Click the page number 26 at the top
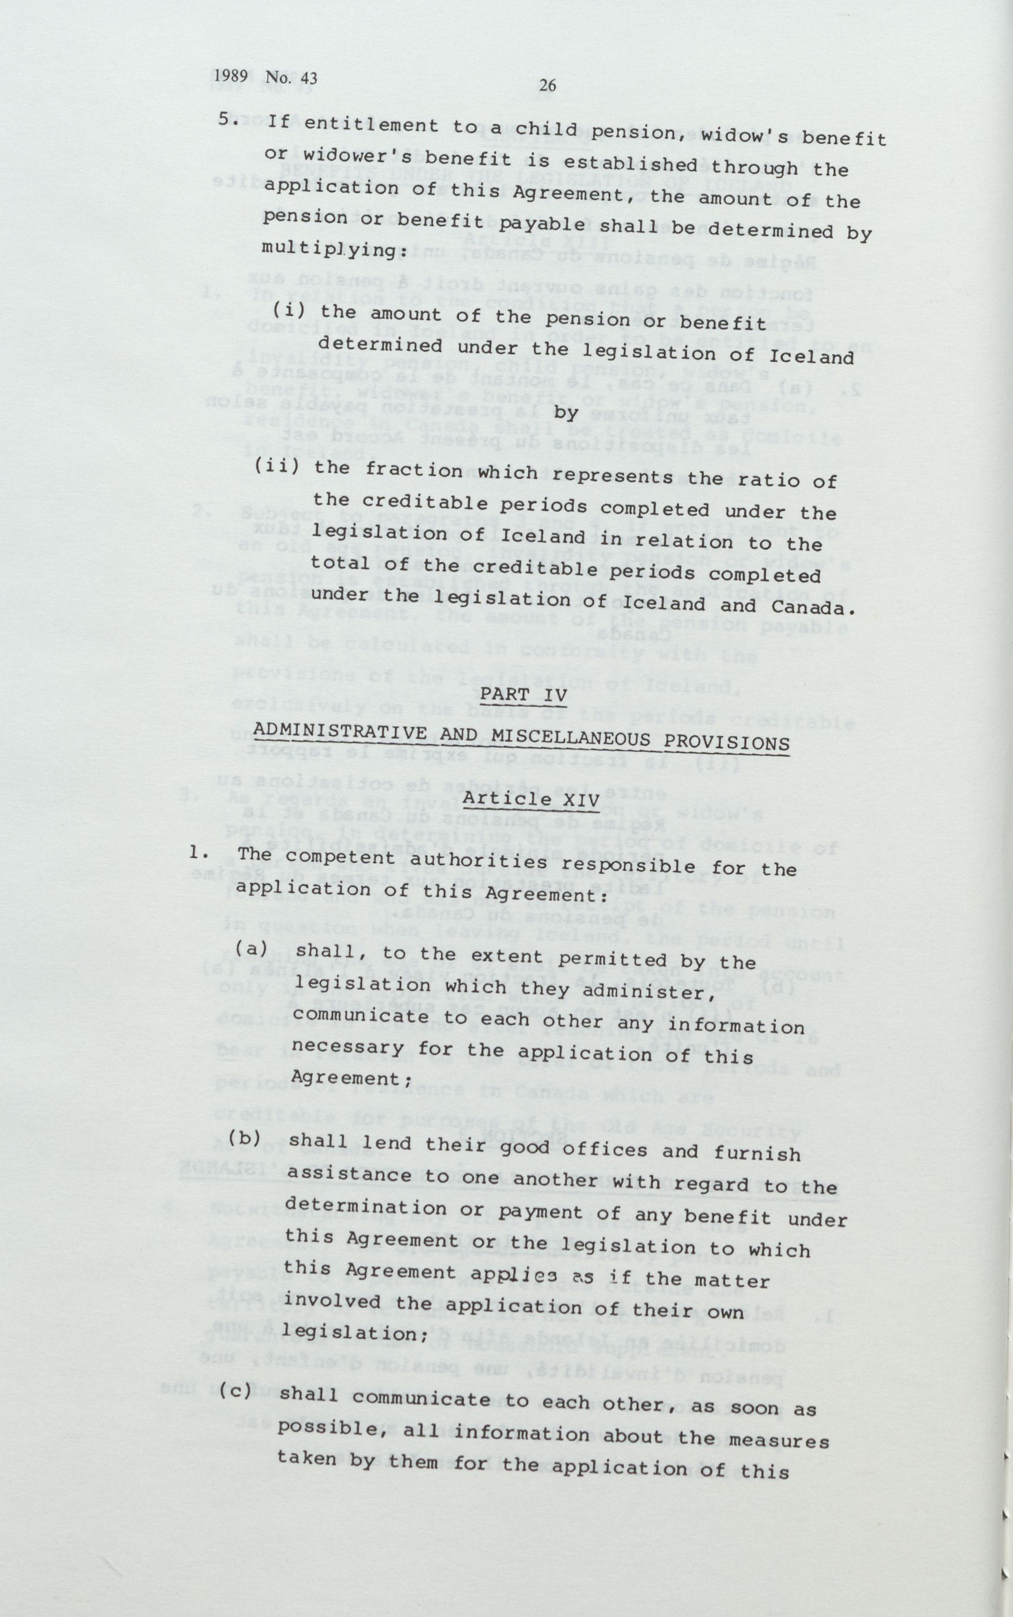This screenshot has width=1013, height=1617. pos(547,85)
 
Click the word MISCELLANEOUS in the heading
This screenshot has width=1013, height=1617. pos(567,738)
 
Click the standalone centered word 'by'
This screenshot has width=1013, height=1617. pos(566,413)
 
